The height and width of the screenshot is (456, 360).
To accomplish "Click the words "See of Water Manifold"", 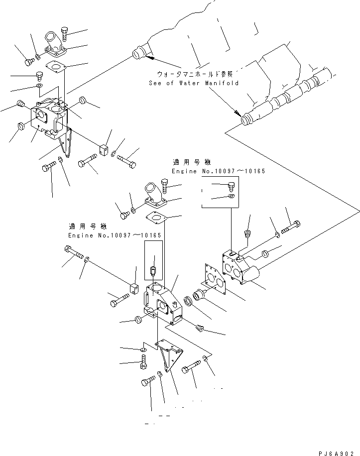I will point(194,83).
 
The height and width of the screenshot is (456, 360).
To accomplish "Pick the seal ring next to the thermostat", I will point(190,302).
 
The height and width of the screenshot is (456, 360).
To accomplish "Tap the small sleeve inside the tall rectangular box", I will point(154,271).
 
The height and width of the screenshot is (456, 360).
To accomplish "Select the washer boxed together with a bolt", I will point(230,196).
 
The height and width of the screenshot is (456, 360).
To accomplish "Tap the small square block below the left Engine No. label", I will point(133,289).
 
